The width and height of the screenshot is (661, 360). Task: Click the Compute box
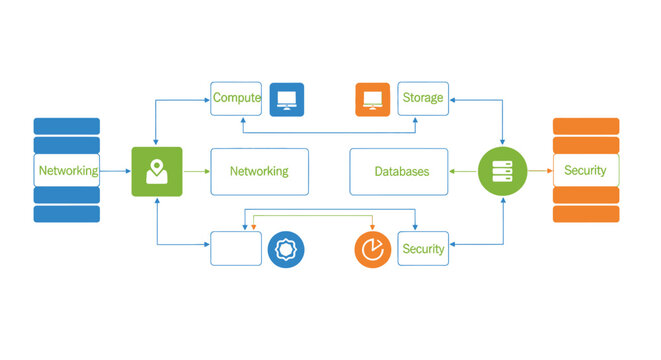[x=236, y=99]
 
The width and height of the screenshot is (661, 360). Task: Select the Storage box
[x=422, y=99]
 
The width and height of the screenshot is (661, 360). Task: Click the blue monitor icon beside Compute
[x=287, y=99]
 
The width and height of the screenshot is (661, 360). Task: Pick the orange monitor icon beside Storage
[x=372, y=99]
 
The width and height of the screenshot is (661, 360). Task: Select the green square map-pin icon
[x=157, y=171]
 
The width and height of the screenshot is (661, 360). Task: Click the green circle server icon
[x=502, y=171]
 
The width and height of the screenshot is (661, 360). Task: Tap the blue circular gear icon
[x=286, y=248]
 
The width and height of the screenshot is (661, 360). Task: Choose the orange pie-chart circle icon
[x=372, y=248]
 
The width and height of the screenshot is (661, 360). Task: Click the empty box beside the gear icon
[x=236, y=248]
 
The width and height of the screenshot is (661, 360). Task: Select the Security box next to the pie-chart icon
[x=422, y=248]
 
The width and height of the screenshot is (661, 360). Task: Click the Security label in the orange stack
[x=585, y=171]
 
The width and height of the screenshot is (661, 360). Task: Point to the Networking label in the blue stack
[x=67, y=171]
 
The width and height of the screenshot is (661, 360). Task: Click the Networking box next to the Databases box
[x=259, y=172]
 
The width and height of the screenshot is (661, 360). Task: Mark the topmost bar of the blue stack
[x=67, y=126]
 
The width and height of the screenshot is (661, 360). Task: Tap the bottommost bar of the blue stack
[x=67, y=214]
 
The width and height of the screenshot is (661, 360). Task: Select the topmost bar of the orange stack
[x=586, y=126]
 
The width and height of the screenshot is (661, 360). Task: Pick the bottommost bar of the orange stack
[x=586, y=214]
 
